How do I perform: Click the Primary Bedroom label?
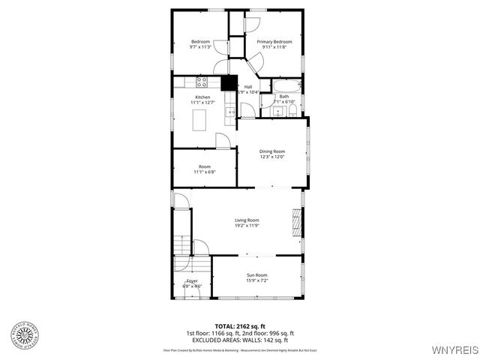[273, 41]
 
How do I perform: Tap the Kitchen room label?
[202, 97]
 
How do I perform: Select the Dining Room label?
[272, 151]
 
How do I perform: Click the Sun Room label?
[257, 275]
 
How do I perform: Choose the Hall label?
[247, 87]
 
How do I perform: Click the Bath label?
[283, 96]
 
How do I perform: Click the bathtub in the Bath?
[286, 85]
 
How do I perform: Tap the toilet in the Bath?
[293, 111]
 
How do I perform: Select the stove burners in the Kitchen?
[201, 80]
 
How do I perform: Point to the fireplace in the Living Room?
[298, 223]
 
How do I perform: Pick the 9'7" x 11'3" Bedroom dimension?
[200, 47]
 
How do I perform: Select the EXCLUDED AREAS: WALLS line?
[240, 339]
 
